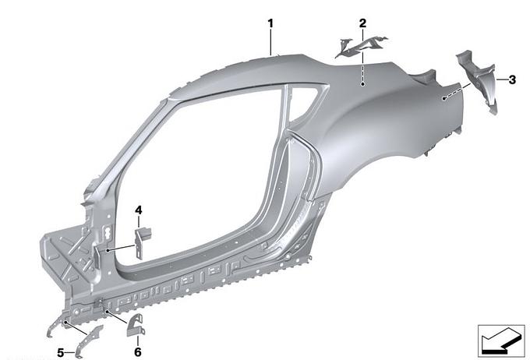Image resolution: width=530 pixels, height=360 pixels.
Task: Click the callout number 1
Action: [270, 23]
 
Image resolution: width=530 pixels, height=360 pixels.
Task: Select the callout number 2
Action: [362, 23]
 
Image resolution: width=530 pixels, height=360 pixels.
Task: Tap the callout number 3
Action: [512, 79]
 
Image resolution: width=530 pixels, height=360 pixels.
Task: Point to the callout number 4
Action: [139, 210]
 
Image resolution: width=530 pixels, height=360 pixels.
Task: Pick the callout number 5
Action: [60, 353]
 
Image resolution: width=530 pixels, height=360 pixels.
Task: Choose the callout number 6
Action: [138, 352]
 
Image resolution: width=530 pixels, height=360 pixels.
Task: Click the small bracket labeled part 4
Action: [142, 242]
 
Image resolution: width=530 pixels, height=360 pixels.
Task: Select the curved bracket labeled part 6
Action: [136, 325]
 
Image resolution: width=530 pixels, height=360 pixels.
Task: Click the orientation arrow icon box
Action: [501, 341]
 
